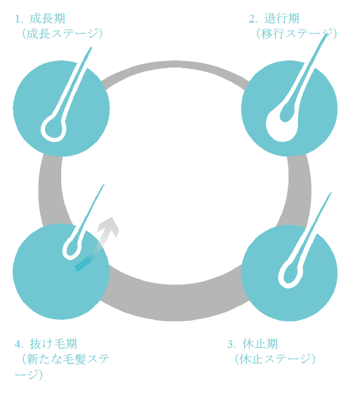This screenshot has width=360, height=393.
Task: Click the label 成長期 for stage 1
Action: click(x=48, y=19)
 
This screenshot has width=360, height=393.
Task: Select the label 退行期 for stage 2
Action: click(x=281, y=19)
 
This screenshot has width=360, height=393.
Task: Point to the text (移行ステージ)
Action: click(x=296, y=34)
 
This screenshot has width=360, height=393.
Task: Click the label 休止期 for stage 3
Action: click(x=260, y=344)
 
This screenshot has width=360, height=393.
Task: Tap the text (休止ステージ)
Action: click(x=275, y=359)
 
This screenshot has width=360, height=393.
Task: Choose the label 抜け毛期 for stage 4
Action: click(x=53, y=344)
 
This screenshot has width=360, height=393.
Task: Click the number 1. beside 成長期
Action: click(x=19, y=19)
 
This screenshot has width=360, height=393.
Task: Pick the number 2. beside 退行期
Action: click(x=253, y=19)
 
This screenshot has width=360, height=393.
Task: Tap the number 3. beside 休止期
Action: click(x=232, y=344)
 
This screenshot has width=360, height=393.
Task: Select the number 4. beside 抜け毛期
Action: click(x=19, y=344)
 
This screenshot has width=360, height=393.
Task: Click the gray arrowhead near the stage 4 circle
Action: click(x=109, y=226)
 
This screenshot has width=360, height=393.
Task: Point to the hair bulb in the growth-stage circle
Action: click(x=53, y=129)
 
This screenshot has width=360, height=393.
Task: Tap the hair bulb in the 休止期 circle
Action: click(x=290, y=275)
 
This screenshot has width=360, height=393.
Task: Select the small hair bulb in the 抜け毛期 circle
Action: click(x=71, y=249)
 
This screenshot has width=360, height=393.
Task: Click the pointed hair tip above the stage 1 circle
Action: click(x=91, y=48)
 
